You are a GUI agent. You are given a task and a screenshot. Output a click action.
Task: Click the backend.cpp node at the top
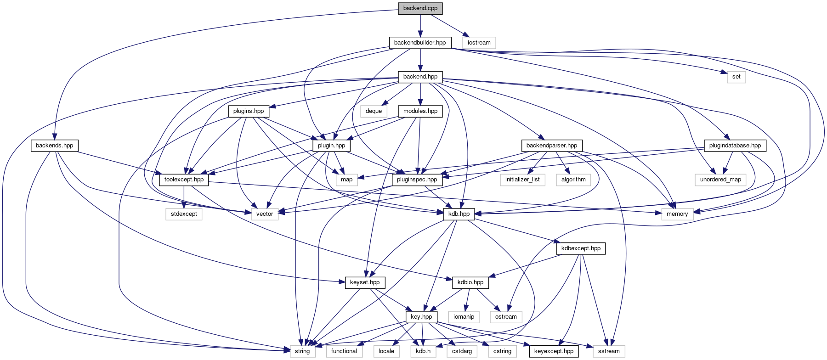[x=420, y=8]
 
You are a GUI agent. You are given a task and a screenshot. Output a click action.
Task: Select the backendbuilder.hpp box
[x=420, y=43]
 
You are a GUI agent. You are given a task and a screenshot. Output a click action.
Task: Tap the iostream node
[x=479, y=43]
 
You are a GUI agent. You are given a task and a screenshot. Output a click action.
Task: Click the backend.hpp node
[x=420, y=77]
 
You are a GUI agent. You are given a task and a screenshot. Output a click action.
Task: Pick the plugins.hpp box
[x=249, y=111]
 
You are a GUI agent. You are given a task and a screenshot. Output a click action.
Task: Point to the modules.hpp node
[x=420, y=111]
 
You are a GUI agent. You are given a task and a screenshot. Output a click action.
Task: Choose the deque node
[x=374, y=111]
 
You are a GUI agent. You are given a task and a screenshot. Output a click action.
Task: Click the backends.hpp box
[x=55, y=146]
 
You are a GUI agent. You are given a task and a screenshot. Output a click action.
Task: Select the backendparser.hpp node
[x=552, y=146]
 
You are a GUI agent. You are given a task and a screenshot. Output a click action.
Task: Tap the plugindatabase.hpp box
[x=735, y=146]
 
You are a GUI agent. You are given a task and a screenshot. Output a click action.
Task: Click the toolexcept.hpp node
[x=184, y=180]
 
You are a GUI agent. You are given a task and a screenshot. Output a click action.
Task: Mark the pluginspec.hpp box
[x=417, y=180]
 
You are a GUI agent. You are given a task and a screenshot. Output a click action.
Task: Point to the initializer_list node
[x=523, y=180]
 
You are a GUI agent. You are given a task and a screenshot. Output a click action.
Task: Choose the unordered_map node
[x=720, y=180]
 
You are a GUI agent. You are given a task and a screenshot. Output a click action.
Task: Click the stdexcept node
[x=184, y=214]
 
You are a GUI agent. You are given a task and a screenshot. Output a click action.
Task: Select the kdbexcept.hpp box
[x=581, y=248]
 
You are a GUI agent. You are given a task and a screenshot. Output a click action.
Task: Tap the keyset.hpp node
[x=365, y=282]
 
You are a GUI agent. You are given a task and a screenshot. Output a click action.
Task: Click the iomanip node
[x=464, y=317]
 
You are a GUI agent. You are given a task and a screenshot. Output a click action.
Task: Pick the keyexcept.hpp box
[x=555, y=351]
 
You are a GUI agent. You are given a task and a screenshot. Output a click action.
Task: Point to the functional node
[x=344, y=351]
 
